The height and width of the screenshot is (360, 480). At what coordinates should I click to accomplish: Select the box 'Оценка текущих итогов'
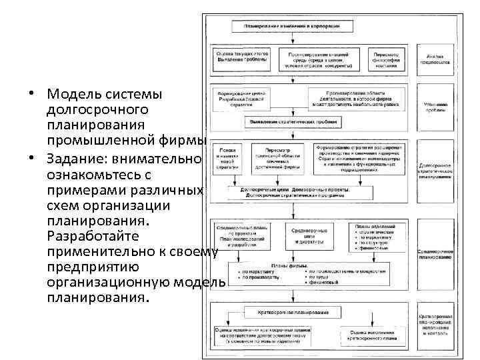click(x=241, y=59)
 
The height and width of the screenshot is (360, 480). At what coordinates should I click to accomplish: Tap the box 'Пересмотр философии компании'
click(x=386, y=59)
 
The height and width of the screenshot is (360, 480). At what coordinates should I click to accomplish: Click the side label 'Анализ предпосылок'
click(x=435, y=59)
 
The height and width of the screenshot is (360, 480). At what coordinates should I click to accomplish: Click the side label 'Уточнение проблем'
click(x=435, y=106)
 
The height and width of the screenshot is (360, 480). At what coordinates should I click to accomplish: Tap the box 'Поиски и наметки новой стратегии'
click(x=225, y=160)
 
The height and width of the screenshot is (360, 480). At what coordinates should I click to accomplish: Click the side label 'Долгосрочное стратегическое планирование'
click(x=435, y=171)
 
